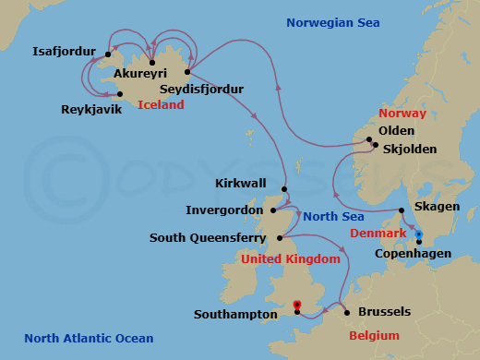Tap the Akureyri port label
point(139,77)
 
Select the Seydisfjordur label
point(201,89)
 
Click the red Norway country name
point(401,113)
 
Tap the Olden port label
point(397,131)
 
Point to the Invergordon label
point(224,210)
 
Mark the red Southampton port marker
point(296,305)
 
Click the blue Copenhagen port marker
point(418,234)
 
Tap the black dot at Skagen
point(401,209)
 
